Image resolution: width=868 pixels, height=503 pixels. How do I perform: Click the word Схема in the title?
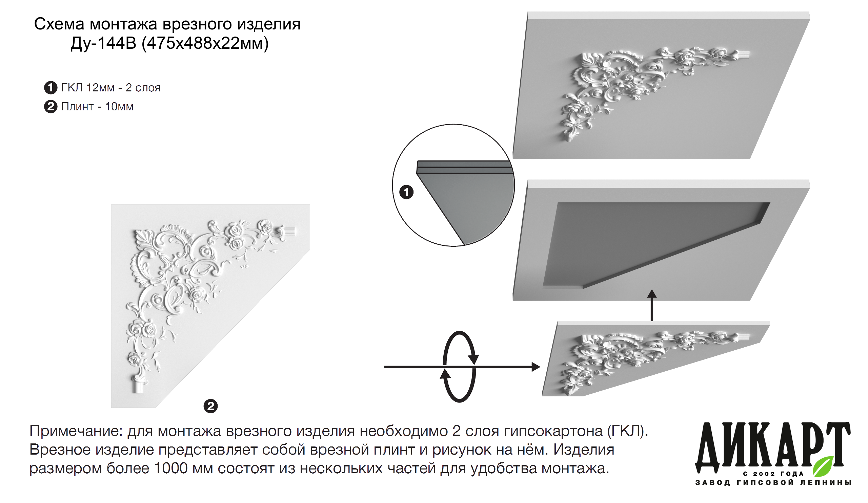pyautogui.click(x=59, y=24)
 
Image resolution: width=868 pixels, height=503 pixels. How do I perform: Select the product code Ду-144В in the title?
pyautogui.click(x=103, y=43)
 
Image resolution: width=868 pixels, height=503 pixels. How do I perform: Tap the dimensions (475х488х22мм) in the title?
pyautogui.click(x=205, y=43)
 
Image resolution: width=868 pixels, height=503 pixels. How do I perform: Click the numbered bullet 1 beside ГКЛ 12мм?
pyautogui.click(x=51, y=88)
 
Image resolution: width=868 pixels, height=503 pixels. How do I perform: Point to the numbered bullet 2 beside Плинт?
pyautogui.click(x=51, y=107)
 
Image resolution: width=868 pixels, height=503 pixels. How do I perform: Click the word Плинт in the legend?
pyautogui.click(x=77, y=107)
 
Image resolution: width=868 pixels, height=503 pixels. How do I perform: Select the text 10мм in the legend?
pyautogui.click(x=119, y=107)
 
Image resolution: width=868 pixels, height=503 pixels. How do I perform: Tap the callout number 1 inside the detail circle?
pyautogui.click(x=406, y=192)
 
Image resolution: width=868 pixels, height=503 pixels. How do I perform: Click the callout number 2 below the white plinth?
pyautogui.click(x=211, y=406)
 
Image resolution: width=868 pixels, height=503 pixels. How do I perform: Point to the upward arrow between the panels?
pyautogui.click(x=652, y=306)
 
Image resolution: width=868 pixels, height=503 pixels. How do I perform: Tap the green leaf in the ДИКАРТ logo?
pyautogui.click(x=824, y=467)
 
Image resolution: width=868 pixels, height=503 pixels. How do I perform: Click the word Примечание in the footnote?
pyautogui.click(x=76, y=432)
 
